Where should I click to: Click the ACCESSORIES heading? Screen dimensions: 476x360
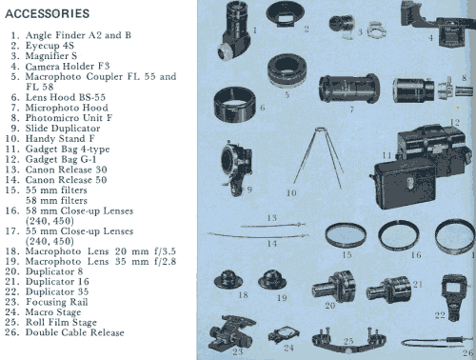click(x=48, y=13)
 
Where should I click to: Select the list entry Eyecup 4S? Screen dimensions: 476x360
click(x=50, y=46)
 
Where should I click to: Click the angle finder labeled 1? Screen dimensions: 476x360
click(x=234, y=30)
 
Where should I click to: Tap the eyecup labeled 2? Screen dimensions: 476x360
click(x=285, y=14)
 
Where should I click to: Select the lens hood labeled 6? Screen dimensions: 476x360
click(x=234, y=105)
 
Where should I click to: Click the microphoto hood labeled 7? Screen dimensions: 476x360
click(x=348, y=89)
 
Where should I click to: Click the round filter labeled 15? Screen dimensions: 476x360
click(x=346, y=236)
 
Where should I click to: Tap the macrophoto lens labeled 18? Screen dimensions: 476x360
click(x=228, y=279)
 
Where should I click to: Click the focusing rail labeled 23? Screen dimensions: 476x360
click(x=231, y=333)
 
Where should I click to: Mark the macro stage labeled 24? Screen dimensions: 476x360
click(x=284, y=334)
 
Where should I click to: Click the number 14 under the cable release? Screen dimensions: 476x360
click(x=271, y=244)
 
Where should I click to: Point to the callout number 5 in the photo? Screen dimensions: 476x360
click(x=287, y=94)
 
